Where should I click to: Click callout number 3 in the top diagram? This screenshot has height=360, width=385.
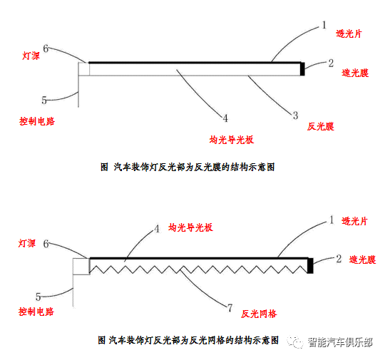point(294,114)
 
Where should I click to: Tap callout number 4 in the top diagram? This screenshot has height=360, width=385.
point(225,118)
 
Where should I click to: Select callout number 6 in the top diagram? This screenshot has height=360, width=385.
point(46,48)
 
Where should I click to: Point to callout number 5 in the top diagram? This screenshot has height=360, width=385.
point(44,101)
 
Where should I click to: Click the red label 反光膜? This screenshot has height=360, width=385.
point(321,126)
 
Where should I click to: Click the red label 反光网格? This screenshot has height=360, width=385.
point(259,313)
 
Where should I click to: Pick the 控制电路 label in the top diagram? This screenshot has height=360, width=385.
point(37,122)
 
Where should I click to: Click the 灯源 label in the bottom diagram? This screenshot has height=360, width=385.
point(27,243)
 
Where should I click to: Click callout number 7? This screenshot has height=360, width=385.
point(229,308)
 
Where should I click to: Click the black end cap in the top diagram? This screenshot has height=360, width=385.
point(303,68)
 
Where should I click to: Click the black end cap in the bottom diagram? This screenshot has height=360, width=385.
point(310,265)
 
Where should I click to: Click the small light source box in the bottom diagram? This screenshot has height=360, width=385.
point(80,266)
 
